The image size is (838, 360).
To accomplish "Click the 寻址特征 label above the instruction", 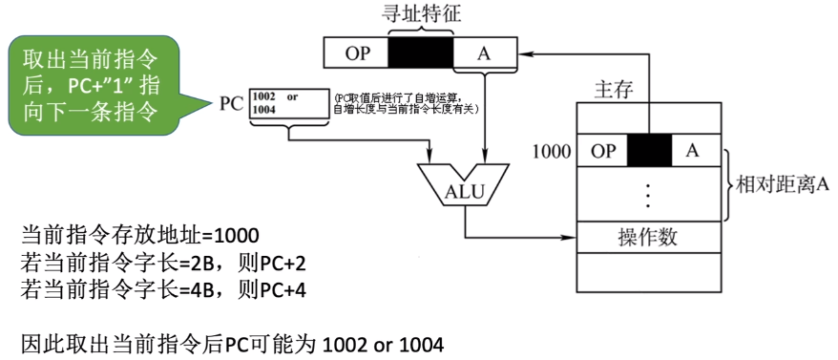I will (421, 16).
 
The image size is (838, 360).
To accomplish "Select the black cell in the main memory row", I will (650, 150).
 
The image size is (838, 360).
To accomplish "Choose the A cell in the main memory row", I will (693, 150).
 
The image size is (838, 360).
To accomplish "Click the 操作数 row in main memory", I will (648, 234).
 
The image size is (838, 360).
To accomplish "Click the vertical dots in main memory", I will (649, 193).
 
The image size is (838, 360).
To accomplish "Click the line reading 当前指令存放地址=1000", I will (139, 233).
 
